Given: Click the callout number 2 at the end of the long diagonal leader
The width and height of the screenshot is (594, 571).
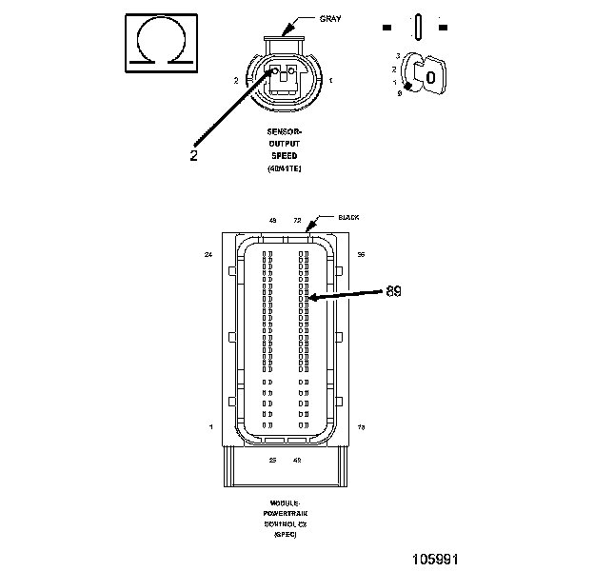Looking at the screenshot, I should [x=194, y=154].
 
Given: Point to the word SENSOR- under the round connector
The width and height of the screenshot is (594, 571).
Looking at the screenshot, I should [x=285, y=130].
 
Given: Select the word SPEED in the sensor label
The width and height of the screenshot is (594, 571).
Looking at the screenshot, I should [x=285, y=155].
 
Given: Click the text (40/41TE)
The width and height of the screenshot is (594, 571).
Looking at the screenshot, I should [x=285, y=168].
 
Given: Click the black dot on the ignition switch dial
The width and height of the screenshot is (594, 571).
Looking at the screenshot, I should [x=408, y=87].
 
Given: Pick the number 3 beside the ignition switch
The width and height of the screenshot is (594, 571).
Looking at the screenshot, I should [x=397, y=57].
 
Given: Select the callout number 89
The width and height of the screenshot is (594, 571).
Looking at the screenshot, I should [x=393, y=290].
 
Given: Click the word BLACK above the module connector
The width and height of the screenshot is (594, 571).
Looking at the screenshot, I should [x=349, y=218].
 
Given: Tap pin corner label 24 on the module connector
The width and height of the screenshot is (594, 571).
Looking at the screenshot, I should [x=208, y=255].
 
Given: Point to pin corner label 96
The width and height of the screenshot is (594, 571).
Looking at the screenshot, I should [x=361, y=255].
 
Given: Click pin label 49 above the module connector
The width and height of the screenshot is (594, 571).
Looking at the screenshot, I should [x=273, y=220].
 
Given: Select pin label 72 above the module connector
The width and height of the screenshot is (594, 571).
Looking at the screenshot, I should [x=297, y=220].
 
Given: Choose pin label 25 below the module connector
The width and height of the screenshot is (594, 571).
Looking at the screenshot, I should [x=272, y=460].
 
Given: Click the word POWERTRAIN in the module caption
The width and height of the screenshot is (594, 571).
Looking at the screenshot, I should [x=285, y=510].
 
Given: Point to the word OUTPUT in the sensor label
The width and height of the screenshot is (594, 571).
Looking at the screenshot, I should [x=285, y=143].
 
